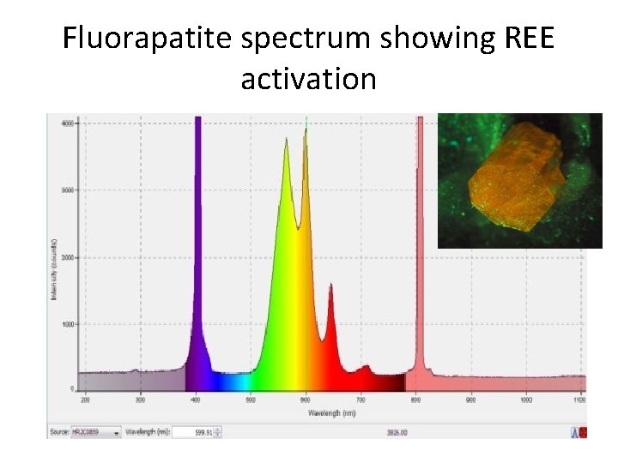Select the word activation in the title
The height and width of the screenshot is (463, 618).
click(308, 79)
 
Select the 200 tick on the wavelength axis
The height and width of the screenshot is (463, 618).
click(85, 400)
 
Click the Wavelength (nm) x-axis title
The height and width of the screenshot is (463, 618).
click(331, 412)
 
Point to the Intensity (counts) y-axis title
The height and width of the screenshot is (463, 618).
click(55, 257)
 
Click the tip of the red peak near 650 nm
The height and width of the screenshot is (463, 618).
click(331, 286)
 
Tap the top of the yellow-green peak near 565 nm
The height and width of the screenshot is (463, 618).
click(287, 140)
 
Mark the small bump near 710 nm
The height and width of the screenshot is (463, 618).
click(367, 367)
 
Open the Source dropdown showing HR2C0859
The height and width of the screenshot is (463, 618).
click(100, 432)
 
